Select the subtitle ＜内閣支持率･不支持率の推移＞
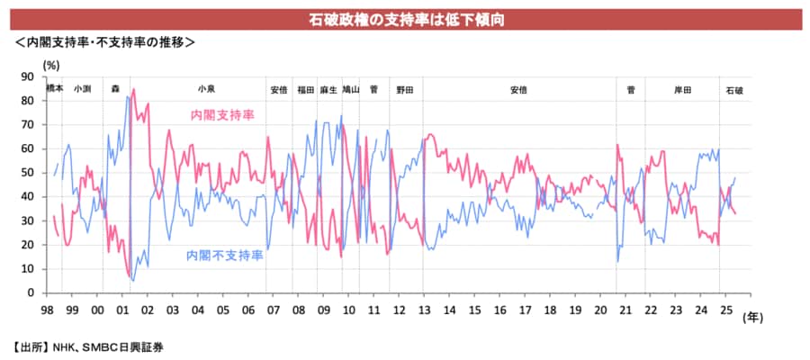tap(103, 42)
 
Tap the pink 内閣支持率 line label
tap(222, 115)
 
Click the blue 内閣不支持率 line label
tap(224, 256)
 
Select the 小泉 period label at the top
tap(206, 90)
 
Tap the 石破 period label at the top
tap(734, 90)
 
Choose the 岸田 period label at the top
tap(683, 90)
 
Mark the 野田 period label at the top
tap(404, 90)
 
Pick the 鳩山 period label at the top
tap(351, 90)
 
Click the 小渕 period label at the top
tap(82, 90)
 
